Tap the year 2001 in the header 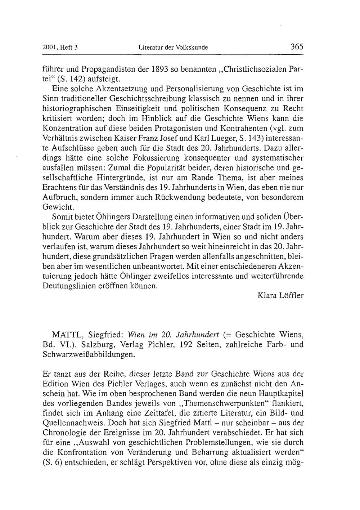tap(49, 47)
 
